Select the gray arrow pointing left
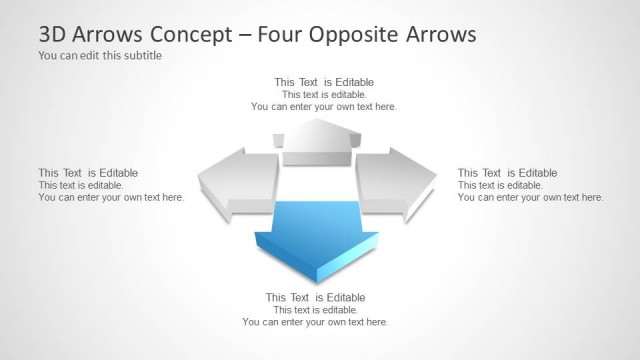tap(238, 180)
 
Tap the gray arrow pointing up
tap(317, 142)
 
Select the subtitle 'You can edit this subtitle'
tap(100, 56)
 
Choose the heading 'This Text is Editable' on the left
tap(88, 173)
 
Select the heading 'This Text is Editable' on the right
tap(507, 173)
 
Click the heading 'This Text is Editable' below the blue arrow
tap(315, 297)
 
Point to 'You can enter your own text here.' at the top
tap(324, 106)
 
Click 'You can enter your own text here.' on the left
tap(111, 197)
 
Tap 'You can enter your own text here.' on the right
tap(530, 197)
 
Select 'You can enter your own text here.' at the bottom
tap(315, 322)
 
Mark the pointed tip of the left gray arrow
tap(200, 181)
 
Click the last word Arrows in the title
tap(441, 35)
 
